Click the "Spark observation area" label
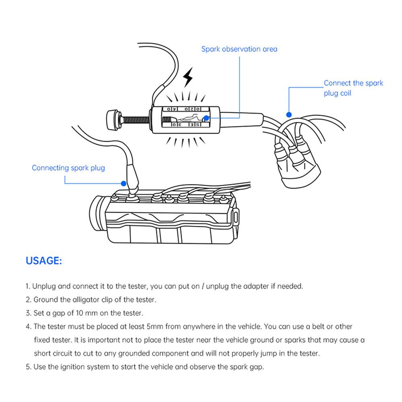coord(239,49)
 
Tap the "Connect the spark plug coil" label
coord(353,88)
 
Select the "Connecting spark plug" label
coord(68,168)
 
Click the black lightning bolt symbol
coord(188,77)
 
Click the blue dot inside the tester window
coord(206,118)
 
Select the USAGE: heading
coord(44,260)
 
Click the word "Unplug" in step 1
coord(44,287)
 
